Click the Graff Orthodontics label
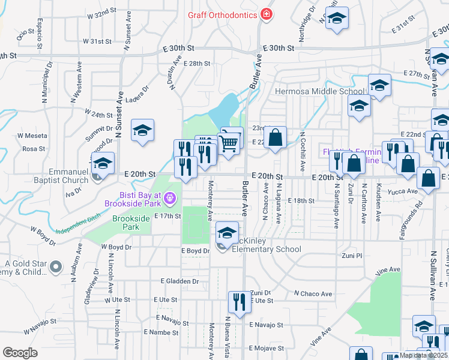(x=223, y=14)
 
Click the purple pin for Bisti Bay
(x=170, y=197)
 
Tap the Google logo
(x=20, y=352)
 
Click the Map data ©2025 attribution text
(x=423, y=355)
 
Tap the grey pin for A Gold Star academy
(x=56, y=266)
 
